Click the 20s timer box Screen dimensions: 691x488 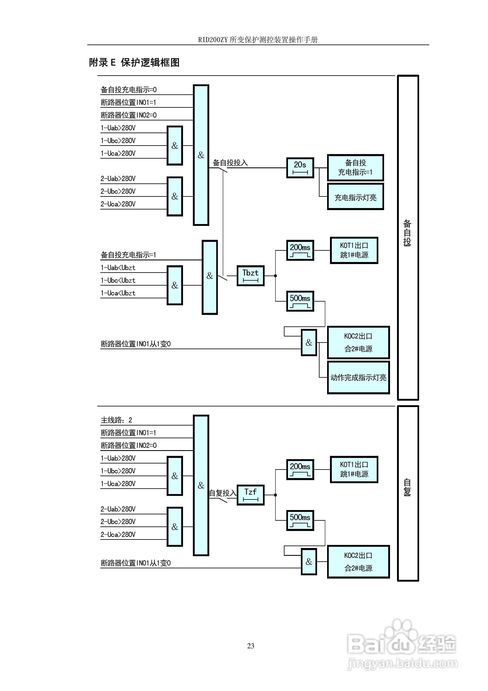[x=300, y=168]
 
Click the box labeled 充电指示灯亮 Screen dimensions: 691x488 [x=355, y=197]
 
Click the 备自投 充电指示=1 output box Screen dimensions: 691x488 [x=355, y=168]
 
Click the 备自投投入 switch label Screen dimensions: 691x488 [x=230, y=163]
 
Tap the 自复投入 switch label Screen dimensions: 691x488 [x=223, y=493]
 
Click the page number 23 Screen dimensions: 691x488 [x=250, y=646]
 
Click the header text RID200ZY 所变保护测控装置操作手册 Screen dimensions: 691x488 [x=258, y=40]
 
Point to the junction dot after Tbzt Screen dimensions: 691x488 [x=275, y=276]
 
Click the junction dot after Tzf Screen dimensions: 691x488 [x=275, y=495]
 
